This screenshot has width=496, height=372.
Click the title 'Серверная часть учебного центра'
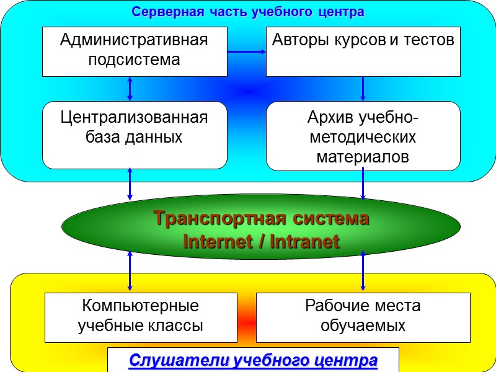click(x=248, y=12)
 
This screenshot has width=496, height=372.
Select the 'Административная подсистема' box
click(x=135, y=51)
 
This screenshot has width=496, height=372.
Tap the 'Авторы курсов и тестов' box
click(x=363, y=51)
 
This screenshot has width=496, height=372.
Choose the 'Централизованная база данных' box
click(x=135, y=135)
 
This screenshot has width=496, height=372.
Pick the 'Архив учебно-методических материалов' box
click(x=363, y=135)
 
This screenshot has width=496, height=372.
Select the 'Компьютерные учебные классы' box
click(x=141, y=317)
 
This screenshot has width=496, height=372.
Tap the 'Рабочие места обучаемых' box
click(x=363, y=317)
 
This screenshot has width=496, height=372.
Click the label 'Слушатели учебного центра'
click(x=253, y=360)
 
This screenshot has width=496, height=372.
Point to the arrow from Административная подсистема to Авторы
click(x=247, y=51)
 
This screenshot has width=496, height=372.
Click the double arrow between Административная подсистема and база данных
click(x=130, y=88)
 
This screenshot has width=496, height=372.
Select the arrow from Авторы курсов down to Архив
click(x=363, y=88)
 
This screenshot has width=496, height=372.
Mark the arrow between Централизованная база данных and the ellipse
click(x=130, y=184)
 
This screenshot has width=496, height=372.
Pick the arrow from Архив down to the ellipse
click(x=363, y=184)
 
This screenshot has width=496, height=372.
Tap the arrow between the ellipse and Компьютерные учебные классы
click(x=130, y=270)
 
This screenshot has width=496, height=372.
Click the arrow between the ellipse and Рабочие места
click(x=363, y=270)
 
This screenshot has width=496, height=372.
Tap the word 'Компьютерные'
click(x=141, y=306)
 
